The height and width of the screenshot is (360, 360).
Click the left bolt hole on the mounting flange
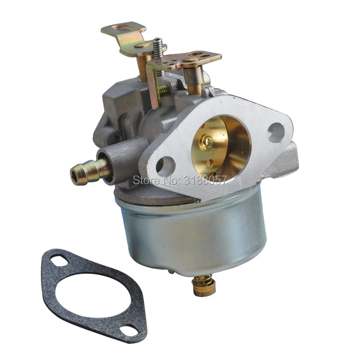pos(165,165)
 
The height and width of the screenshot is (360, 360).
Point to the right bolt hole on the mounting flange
pos(276,133)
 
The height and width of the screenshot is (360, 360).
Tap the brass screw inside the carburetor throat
pos(208,143)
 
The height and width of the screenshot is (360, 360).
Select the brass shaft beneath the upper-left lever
pos(145,67)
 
